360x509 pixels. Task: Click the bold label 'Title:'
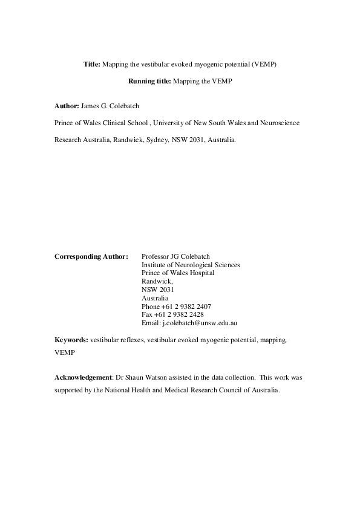tap(92, 63)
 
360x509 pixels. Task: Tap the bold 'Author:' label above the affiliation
tap(67, 106)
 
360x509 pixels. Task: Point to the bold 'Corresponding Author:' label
tap(91, 256)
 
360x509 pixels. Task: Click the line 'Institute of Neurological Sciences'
tap(191, 265)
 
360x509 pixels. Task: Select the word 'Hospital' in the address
tap(201, 273)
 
